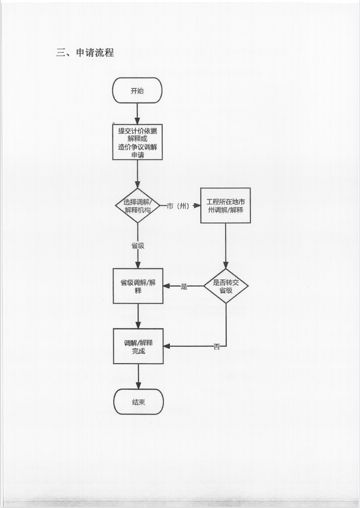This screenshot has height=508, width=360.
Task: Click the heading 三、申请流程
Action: tap(85, 53)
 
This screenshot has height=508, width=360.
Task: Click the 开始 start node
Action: tap(137, 91)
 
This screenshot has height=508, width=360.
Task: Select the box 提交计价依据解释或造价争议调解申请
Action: tap(137, 142)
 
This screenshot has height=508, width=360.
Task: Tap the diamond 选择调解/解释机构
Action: tap(137, 205)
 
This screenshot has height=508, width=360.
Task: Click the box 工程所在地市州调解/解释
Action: tap(225, 205)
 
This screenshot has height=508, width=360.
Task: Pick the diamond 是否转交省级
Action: tap(226, 286)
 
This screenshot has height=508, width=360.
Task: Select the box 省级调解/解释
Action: tap(138, 286)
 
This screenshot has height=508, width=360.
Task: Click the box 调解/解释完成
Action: tap(138, 346)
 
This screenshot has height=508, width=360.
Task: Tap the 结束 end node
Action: tap(138, 402)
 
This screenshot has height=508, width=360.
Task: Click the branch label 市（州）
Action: tap(178, 206)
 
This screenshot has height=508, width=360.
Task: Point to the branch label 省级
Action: tap(138, 245)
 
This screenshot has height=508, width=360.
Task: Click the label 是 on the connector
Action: tap(184, 287)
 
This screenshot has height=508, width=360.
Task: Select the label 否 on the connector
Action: tap(216, 347)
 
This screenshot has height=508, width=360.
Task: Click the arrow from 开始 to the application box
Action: tap(137, 112)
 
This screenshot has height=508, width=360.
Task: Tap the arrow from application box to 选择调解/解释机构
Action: tap(137, 174)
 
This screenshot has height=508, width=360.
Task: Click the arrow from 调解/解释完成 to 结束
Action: tap(138, 376)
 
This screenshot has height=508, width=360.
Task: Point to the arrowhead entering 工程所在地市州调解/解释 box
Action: tap(197, 206)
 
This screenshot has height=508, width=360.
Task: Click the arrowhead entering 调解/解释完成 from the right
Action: tap(167, 346)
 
